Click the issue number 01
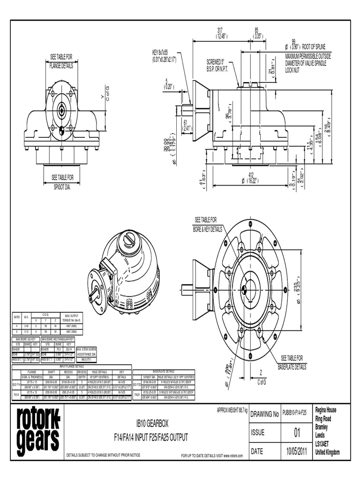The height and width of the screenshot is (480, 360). [x=296, y=432]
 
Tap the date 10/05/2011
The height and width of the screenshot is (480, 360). [x=296, y=451]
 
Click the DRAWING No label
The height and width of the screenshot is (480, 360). [x=265, y=413]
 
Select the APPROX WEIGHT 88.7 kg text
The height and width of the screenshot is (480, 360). [x=232, y=410]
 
